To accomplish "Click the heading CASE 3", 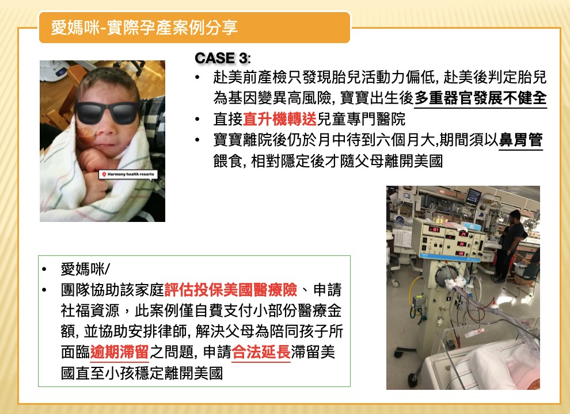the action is [x=222, y=58].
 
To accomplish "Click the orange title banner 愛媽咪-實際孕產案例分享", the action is [x=195, y=27].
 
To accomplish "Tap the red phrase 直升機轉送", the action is [x=280, y=119].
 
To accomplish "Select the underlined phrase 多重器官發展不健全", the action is [x=481, y=98].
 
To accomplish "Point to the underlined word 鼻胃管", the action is [x=520, y=140].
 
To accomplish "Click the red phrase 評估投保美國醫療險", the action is [x=231, y=290].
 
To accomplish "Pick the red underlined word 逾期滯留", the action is [x=119, y=352].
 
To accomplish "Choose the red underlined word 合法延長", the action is [x=261, y=352].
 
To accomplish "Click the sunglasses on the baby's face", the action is [x=107, y=112].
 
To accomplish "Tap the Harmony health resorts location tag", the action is [x=128, y=174].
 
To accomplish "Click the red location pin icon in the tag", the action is [x=104, y=174].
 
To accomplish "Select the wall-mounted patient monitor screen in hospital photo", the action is [x=474, y=196].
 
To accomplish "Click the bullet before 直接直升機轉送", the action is [x=197, y=119].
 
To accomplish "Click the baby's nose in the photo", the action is [x=105, y=131].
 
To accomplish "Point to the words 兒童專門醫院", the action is [x=361, y=119].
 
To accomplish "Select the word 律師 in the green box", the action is [x=172, y=331].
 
